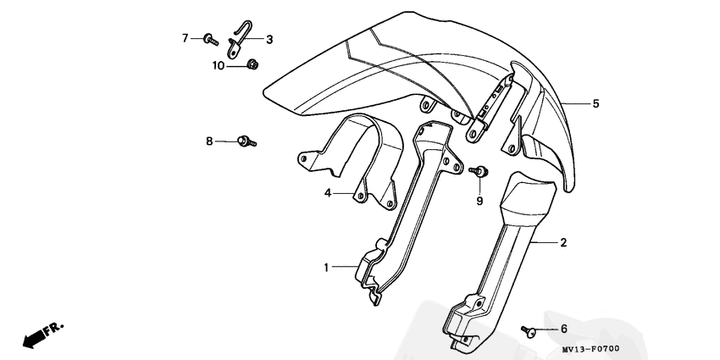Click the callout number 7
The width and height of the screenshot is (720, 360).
(x=185, y=38)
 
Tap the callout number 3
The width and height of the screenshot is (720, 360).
(x=269, y=39)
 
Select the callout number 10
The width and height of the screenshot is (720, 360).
(x=219, y=65)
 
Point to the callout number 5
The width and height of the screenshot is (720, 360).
(x=595, y=103)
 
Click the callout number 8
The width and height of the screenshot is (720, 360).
(x=209, y=141)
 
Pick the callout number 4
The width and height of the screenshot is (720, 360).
(x=326, y=193)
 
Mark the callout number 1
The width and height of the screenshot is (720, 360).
(x=326, y=268)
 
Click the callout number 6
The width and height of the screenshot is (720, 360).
(x=563, y=328)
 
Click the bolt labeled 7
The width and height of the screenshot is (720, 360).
(x=208, y=38)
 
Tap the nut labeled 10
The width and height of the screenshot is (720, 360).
(x=252, y=64)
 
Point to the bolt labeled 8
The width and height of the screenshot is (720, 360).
(x=246, y=142)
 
